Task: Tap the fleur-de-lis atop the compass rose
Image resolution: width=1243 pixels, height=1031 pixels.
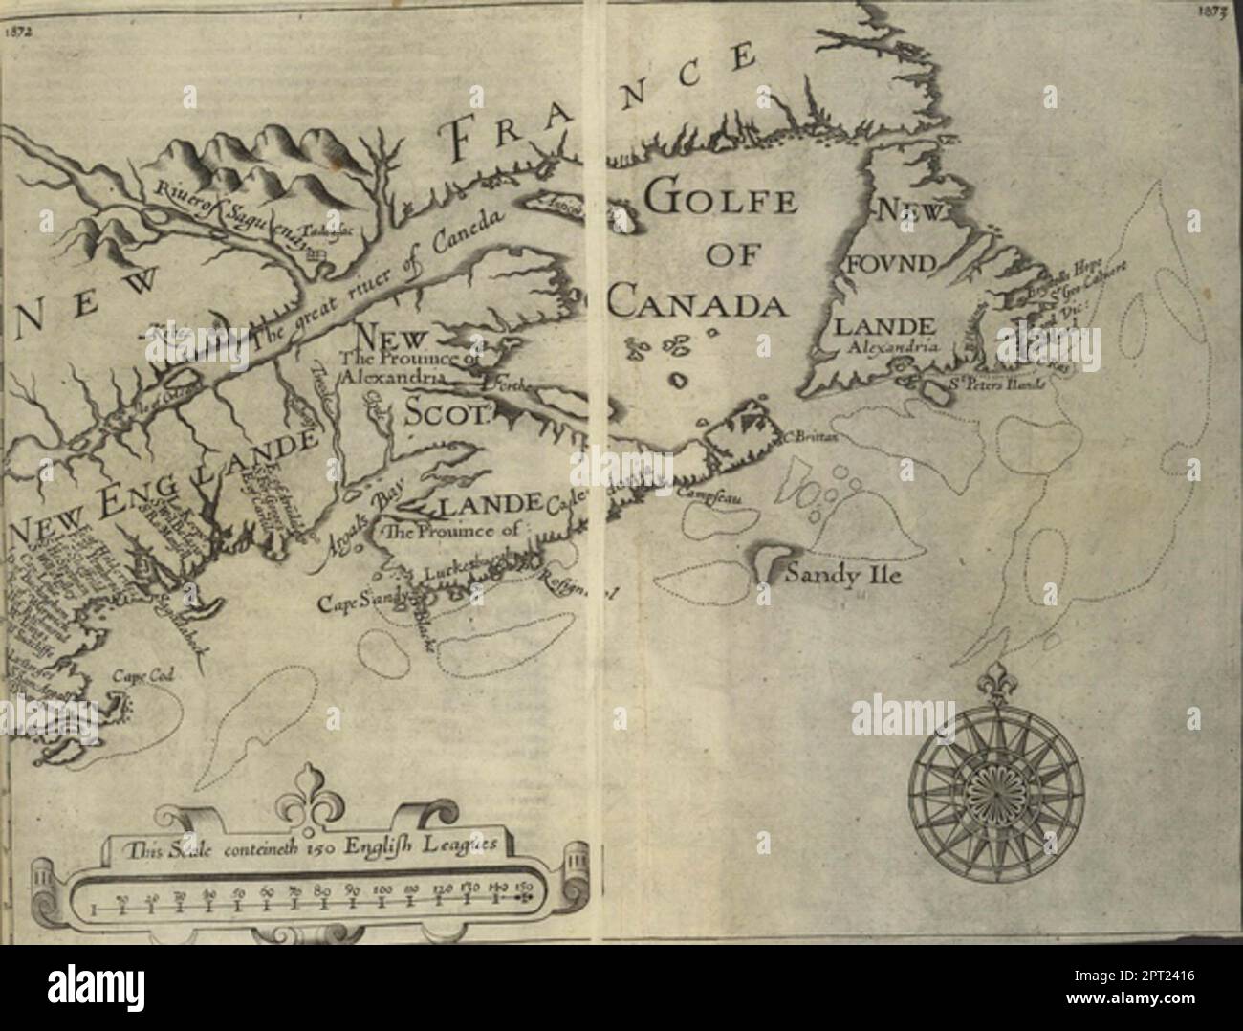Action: pos(996,678)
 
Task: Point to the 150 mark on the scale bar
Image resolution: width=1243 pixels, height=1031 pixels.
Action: pos(523,889)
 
